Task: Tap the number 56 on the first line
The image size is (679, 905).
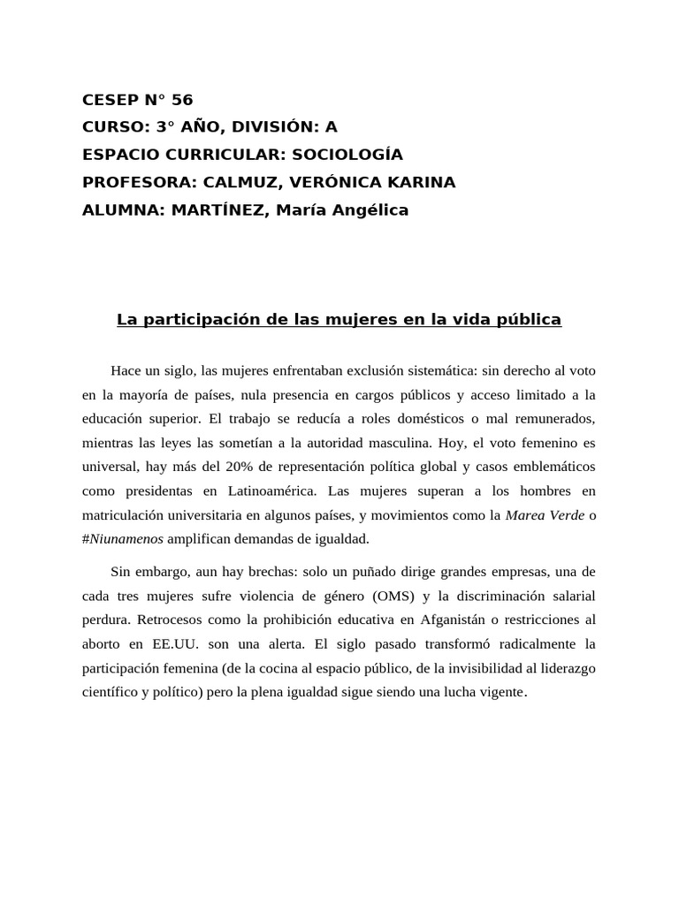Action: pos(183,100)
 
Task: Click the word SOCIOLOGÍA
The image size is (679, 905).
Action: pos(347,155)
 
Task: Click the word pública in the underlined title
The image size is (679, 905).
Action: pos(530,319)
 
